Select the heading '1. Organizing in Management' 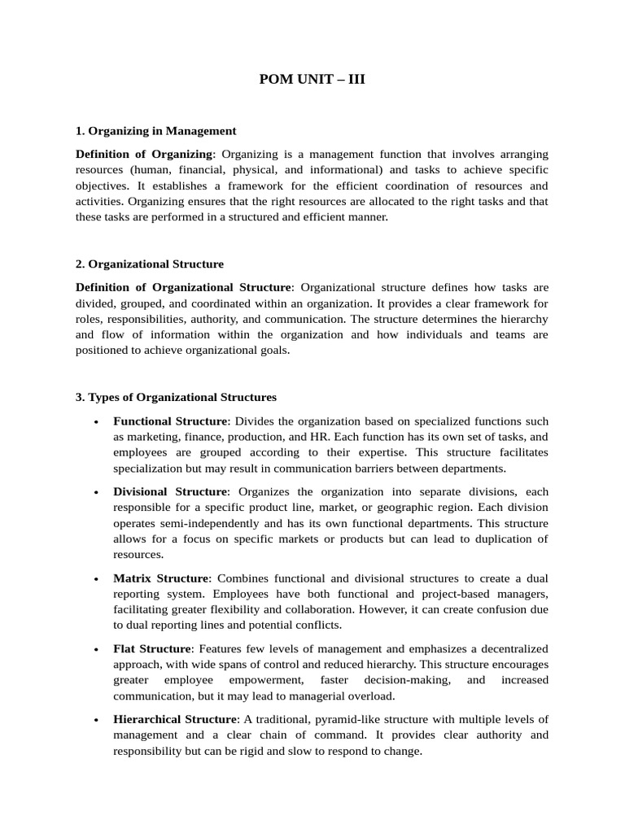[156, 130]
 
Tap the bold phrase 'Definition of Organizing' [143, 154]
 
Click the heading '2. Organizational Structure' [150, 264]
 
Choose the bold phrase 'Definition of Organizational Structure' [183, 287]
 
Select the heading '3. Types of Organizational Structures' [176, 397]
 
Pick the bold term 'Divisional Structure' [170, 491]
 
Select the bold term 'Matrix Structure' [161, 578]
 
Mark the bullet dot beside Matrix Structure [97, 578]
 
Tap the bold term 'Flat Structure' [152, 648]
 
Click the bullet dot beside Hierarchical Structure [97, 720]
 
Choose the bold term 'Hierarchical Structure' [176, 719]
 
